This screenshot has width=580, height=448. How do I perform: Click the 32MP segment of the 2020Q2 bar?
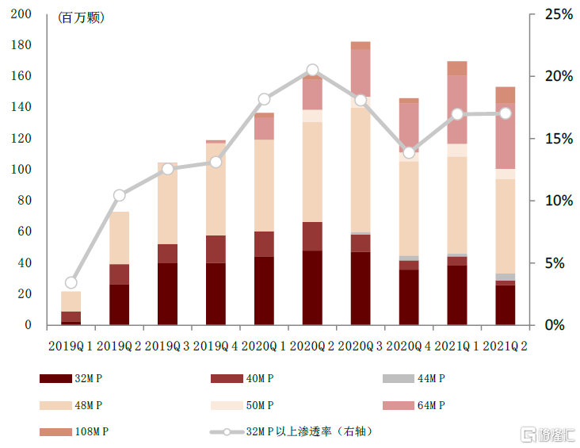click(312, 287)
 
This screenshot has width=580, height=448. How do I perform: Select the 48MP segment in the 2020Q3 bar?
click(361, 170)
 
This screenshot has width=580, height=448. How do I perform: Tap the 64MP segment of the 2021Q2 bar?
click(505, 136)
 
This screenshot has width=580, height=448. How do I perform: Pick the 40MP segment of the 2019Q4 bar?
click(216, 249)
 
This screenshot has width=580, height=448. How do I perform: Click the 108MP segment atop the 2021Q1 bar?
click(456, 68)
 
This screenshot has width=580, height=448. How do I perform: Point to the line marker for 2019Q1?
click(71, 282)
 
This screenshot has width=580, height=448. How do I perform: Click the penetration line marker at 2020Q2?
click(312, 70)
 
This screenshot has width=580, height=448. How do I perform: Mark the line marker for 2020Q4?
click(409, 152)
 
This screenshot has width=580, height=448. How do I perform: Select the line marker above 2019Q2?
click(120, 195)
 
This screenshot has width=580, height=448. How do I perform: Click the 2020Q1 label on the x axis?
click(264, 346)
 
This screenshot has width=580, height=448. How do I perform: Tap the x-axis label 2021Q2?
click(506, 346)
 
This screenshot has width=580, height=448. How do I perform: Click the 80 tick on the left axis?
click(25, 201)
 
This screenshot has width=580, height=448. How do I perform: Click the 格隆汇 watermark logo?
click(546, 434)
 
